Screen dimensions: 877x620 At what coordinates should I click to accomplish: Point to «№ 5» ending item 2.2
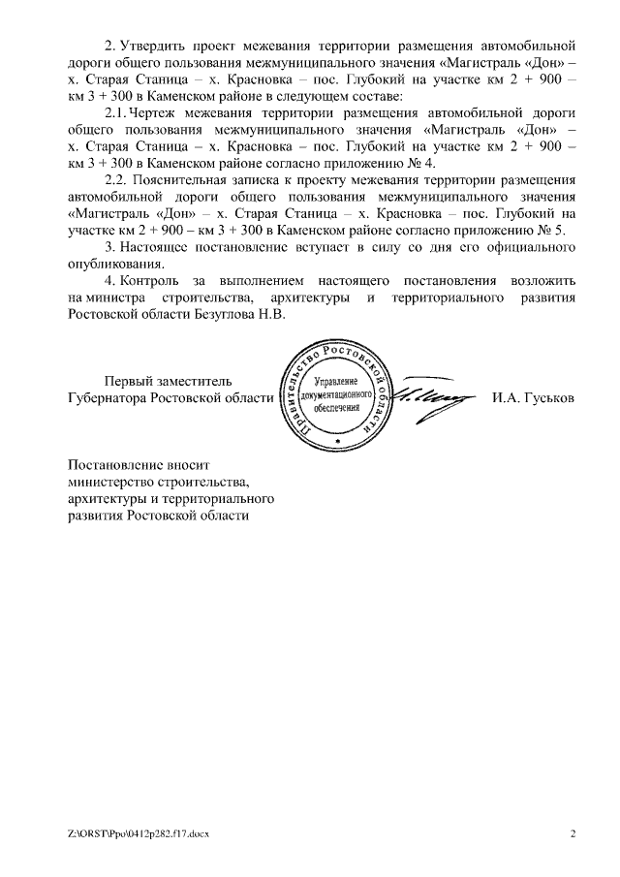click(552, 231)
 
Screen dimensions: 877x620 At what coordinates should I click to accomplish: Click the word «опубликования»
click(117, 265)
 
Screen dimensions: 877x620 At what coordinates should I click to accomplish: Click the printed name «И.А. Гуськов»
click(533, 397)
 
